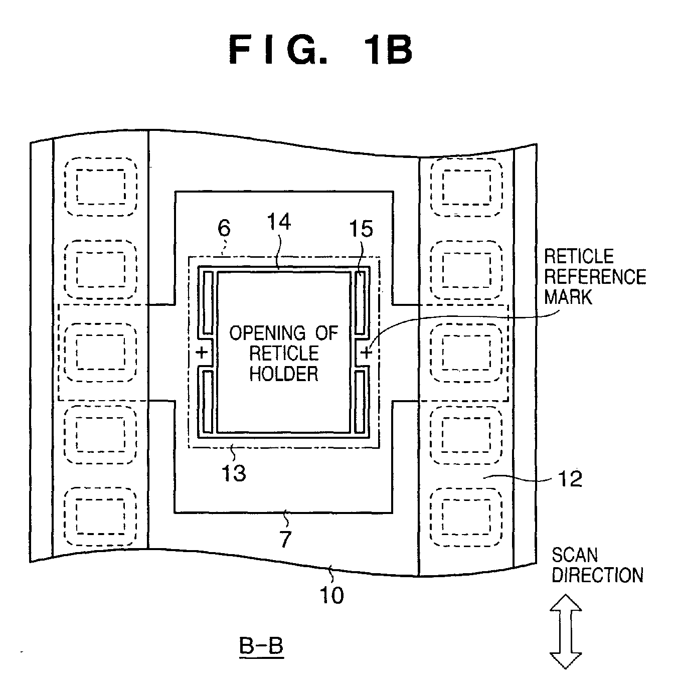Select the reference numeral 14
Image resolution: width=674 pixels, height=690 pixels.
(279, 222)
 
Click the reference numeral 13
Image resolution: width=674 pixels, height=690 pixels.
(234, 473)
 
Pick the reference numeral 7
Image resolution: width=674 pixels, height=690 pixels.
(285, 539)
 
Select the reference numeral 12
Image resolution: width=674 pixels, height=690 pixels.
(570, 479)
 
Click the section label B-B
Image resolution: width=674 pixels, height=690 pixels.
(261, 646)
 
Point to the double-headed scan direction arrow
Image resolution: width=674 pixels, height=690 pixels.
(566, 631)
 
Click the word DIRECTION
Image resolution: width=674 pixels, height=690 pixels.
(597, 575)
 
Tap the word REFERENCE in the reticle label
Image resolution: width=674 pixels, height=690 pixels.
(595, 277)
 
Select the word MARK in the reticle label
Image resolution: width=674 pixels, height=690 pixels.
(568, 297)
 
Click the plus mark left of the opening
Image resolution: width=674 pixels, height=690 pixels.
(202, 353)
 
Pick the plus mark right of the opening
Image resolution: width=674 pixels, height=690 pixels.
(367, 353)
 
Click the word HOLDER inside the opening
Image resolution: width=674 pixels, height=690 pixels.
(284, 374)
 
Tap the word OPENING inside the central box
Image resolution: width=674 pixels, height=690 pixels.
(267, 333)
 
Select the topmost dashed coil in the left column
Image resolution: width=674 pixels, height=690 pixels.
(101, 187)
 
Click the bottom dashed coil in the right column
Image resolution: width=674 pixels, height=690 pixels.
(466, 517)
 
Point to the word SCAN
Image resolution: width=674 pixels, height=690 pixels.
(575, 555)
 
